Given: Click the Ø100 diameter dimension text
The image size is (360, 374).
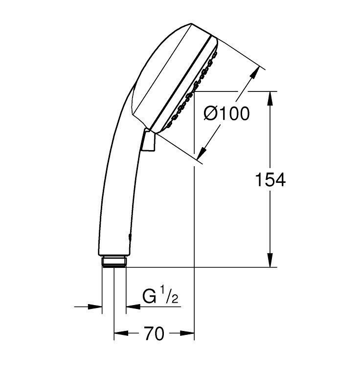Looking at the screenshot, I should (x=226, y=114).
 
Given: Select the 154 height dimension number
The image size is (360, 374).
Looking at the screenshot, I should (x=270, y=180).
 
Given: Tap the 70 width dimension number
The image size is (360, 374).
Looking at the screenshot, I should (x=154, y=334).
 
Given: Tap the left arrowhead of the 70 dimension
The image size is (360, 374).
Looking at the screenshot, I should (x=120, y=334).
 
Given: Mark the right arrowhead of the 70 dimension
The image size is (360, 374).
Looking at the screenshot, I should (x=189, y=334).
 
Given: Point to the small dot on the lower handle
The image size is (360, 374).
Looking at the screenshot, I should (x=129, y=237).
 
